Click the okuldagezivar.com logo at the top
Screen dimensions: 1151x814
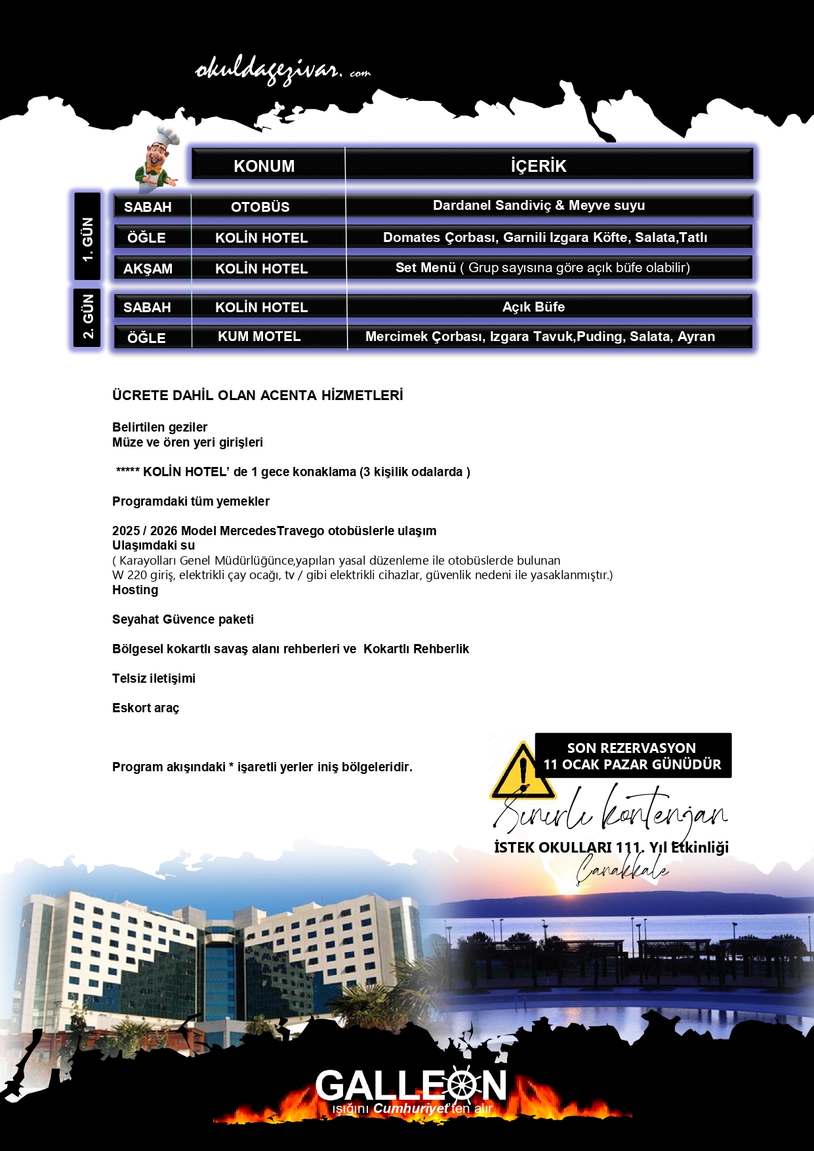point(282,71)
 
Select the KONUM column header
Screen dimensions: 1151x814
point(264,166)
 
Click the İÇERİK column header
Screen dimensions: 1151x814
point(539,166)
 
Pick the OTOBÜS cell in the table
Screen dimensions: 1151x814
point(260,207)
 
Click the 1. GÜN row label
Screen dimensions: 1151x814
point(87,237)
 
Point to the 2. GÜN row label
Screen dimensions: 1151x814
point(87,317)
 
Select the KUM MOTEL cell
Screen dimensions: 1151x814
point(259,336)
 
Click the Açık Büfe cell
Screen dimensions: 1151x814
point(533,307)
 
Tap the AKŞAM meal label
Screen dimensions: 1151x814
point(148,268)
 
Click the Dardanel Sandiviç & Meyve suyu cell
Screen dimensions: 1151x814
point(539,205)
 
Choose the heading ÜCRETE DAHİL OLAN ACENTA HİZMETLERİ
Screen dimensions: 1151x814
point(257,395)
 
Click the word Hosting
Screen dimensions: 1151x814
point(135,590)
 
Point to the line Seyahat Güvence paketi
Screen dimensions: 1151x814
point(182,619)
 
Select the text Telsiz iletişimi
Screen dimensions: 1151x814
point(153,678)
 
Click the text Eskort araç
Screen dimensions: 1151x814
point(146,708)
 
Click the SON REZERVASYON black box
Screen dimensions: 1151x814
point(632,756)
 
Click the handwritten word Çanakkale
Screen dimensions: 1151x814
point(622,870)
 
